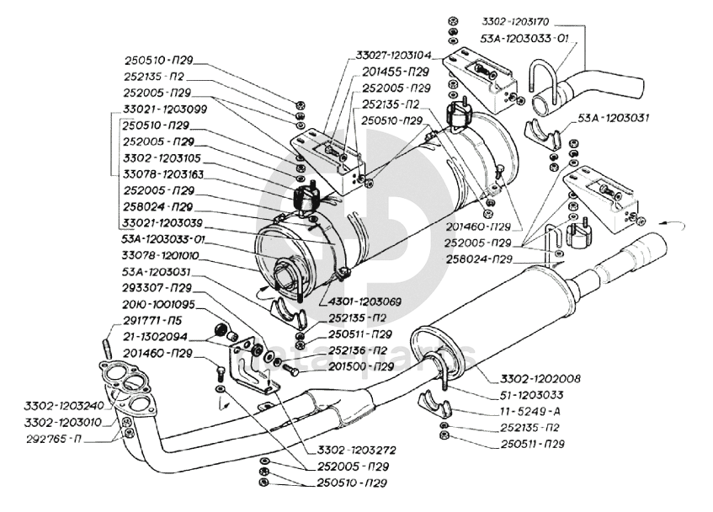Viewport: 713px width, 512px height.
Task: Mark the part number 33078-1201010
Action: (x=163, y=255)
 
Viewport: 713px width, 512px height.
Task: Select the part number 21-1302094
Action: (x=157, y=336)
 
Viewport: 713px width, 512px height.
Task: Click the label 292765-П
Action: (x=51, y=438)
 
